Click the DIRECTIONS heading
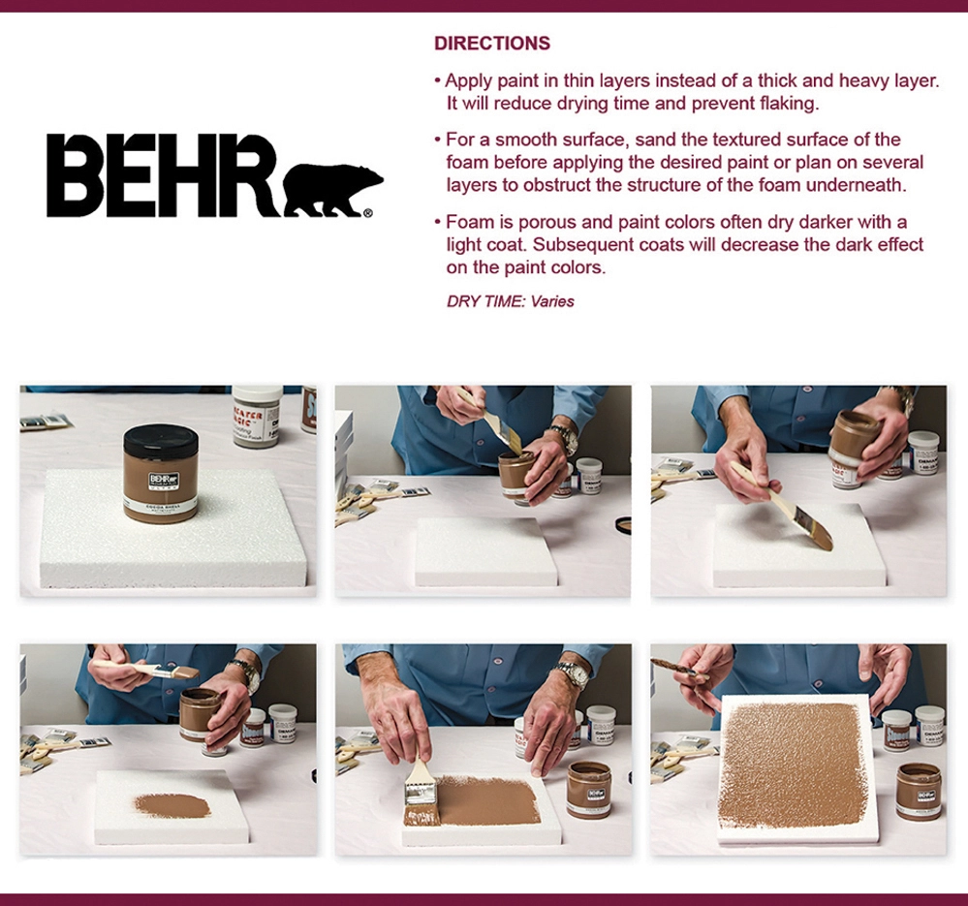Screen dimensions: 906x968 click(491, 44)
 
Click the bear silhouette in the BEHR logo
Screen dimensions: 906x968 click(332, 190)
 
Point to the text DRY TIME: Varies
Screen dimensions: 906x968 click(510, 301)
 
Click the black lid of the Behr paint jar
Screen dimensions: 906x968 click(160, 439)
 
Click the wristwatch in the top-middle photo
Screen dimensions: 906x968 click(562, 439)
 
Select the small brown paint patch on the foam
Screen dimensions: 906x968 click(172, 804)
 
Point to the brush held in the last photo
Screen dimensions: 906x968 click(678, 667)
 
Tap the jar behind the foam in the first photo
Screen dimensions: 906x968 click(257, 415)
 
